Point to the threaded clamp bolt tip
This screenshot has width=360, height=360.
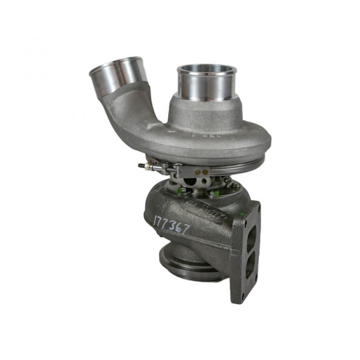[x=141, y=166]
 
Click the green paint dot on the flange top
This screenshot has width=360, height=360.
[x=243, y=213]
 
